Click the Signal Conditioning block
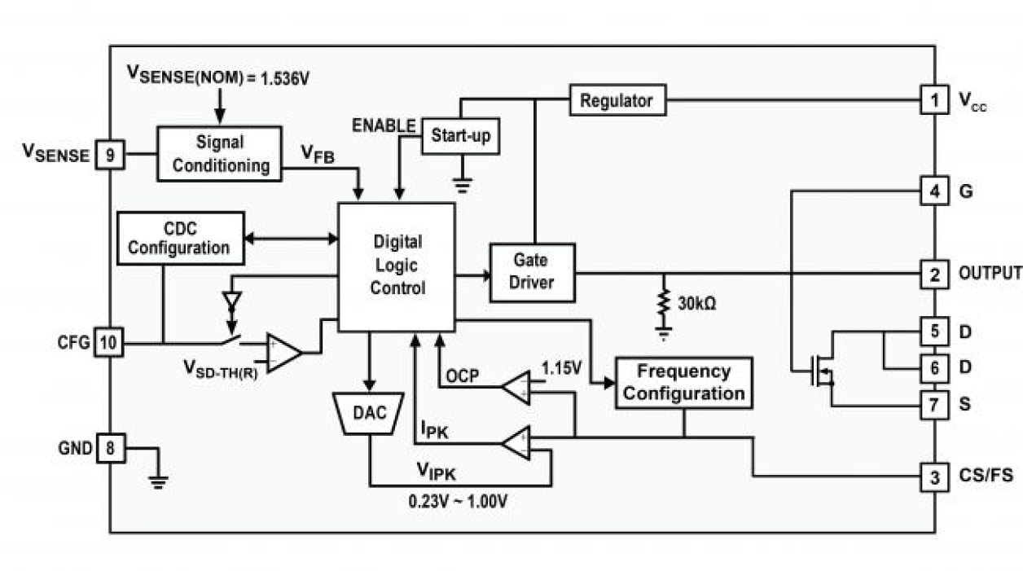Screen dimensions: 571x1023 click(219, 153)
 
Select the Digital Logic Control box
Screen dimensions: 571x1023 click(397, 266)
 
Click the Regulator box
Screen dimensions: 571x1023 click(617, 101)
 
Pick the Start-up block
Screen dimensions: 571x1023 click(460, 136)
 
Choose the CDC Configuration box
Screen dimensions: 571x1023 click(180, 238)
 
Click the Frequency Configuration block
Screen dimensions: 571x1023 click(683, 382)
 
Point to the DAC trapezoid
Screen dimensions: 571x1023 click(369, 411)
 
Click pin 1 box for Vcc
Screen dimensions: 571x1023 click(934, 101)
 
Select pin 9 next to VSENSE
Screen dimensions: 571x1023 click(110, 153)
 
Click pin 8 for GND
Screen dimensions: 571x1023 click(110, 447)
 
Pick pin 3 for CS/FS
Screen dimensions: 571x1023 click(934, 476)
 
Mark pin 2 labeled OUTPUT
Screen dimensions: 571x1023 click(934, 273)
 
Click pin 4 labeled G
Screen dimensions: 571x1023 click(934, 191)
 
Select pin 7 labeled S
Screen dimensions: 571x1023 click(934, 404)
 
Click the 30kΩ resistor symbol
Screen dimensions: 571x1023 click(664, 304)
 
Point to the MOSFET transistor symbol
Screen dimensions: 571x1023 click(821, 373)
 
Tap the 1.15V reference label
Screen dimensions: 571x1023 click(562, 369)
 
